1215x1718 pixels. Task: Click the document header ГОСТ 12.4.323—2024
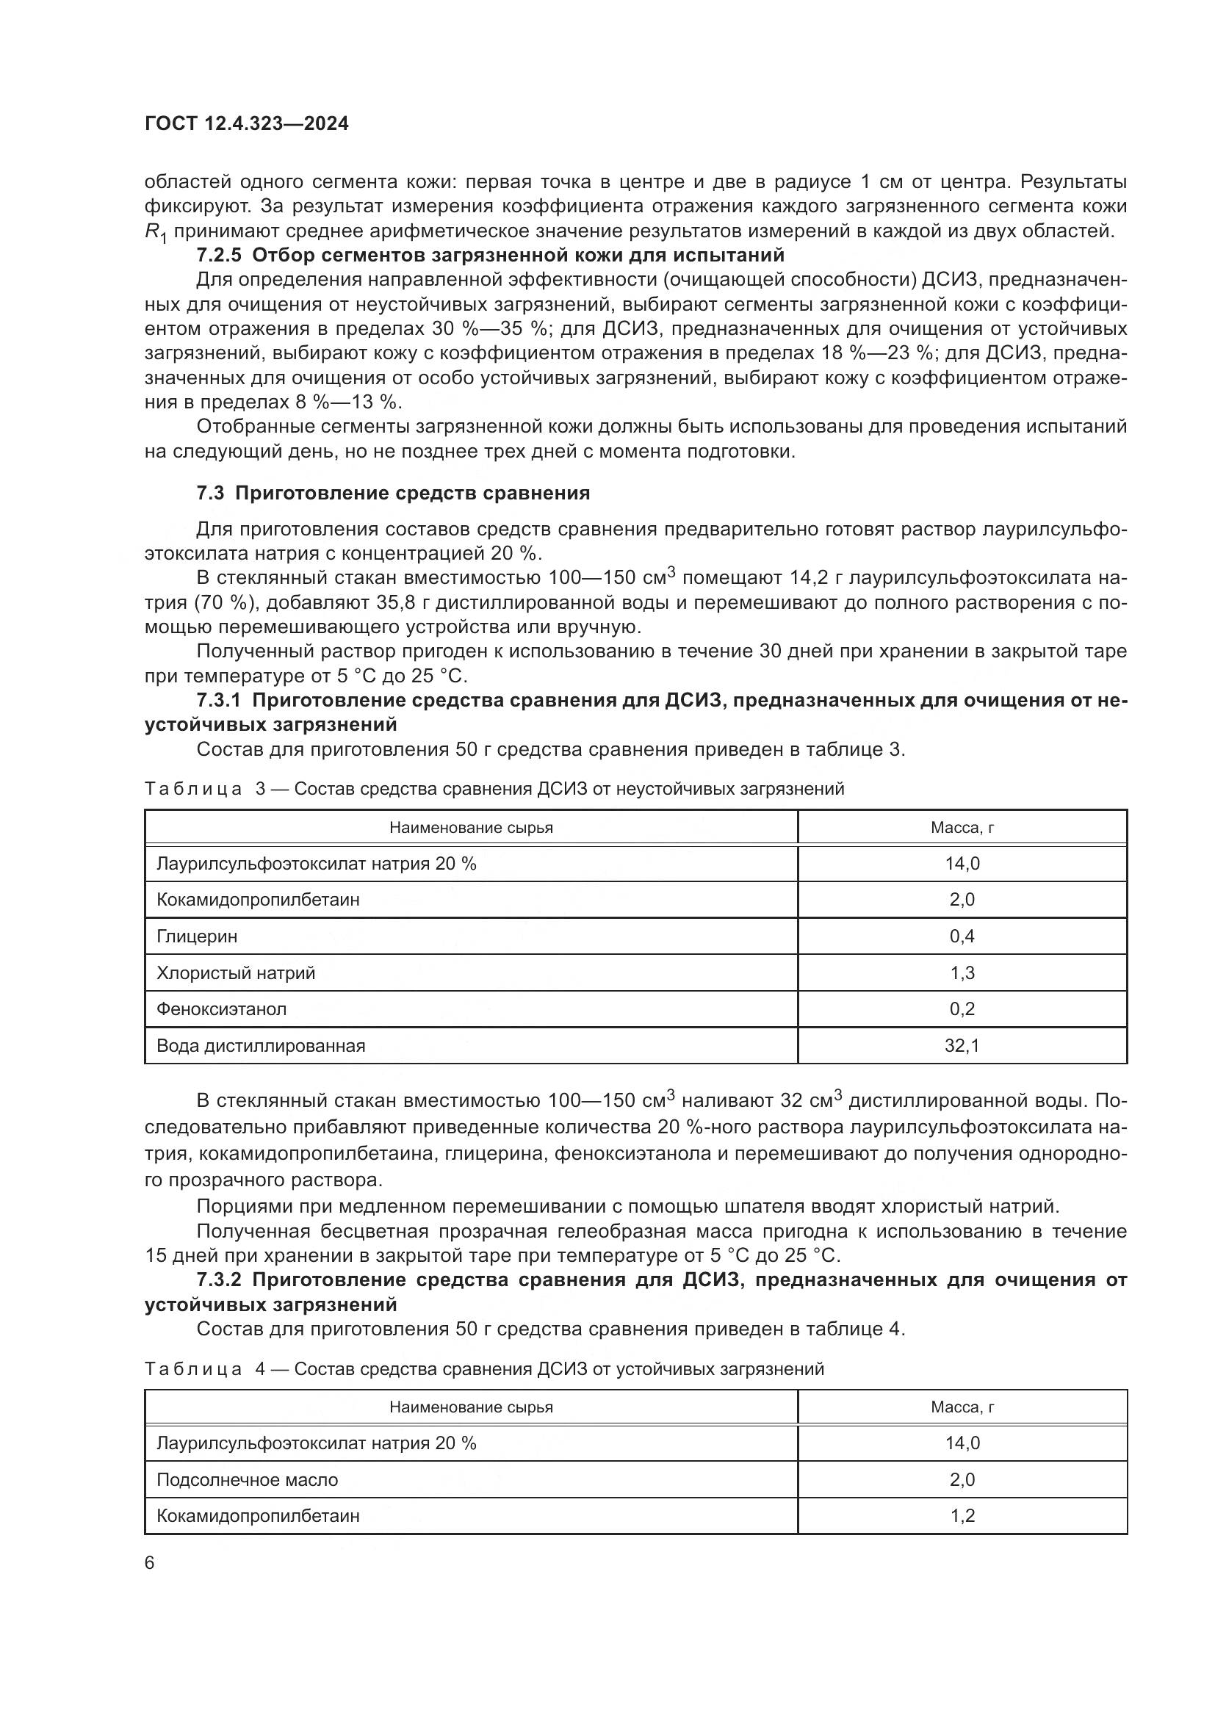pyautogui.click(x=246, y=124)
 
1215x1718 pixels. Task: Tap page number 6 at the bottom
pyautogui.click(x=150, y=1563)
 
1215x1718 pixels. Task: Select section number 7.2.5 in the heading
pyautogui.click(x=218, y=255)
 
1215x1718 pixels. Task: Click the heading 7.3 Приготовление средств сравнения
pyautogui.click(x=393, y=493)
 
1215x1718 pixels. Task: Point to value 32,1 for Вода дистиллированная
pyautogui.click(x=962, y=1046)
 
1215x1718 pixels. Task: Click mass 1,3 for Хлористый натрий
pyautogui.click(x=962, y=972)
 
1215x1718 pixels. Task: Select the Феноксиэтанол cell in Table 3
pyautogui.click(x=221, y=1009)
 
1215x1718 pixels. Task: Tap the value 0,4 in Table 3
pyautogui.click(x=962, y=936)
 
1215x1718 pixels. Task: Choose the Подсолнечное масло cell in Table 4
pyautogui.click(x=247, y=1479)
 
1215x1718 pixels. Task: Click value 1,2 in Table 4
pyautogui.click(x=962, y=1516)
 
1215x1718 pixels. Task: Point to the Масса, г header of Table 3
pyautogui.click(x=962, y=828)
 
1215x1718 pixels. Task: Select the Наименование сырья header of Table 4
pyautogui.click(x=471, y=1407)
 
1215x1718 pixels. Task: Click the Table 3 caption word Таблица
pyautogui.click(x=193, y=789)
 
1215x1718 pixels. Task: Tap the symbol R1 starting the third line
pyautogui.click(x=155, y=233)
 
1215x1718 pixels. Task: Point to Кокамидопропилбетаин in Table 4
pyautogui.click(x=257, y=1516)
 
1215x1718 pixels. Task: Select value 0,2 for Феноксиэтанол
pyautogui.click(x=962, y=1009)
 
